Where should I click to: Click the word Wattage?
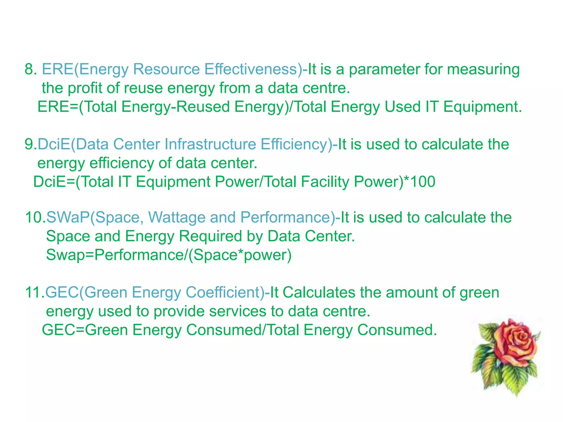click(177, 217)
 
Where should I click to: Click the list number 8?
click(31, 69)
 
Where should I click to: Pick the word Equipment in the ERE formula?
click(482, 107)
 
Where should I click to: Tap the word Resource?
click(166, 69)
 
